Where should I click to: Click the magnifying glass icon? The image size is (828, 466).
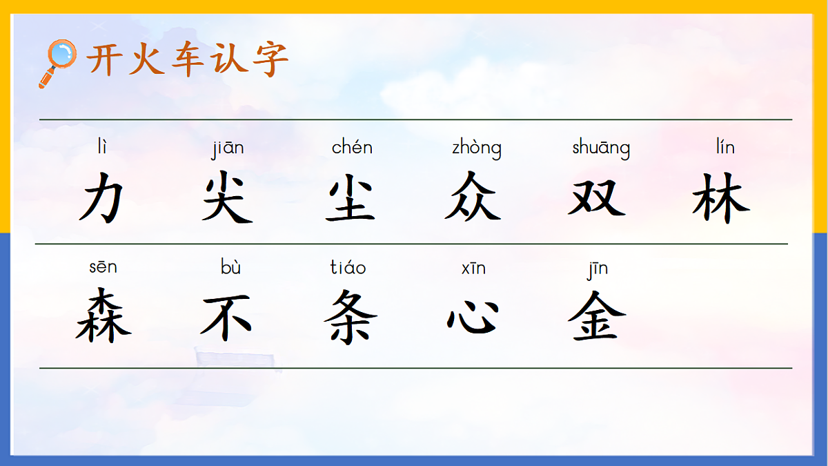[x=58, y=62]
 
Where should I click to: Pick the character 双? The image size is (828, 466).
[x=598, y=196]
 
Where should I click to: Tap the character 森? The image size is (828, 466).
[x=103, y=315]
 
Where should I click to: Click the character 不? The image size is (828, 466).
[x=226, y=316]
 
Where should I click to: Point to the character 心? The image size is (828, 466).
[x=473, y=318]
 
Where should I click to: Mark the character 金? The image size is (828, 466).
[x=597, y=316]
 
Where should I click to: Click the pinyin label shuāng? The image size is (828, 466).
[x=601, y=148]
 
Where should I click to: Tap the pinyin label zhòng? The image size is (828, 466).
[x=477, y=148]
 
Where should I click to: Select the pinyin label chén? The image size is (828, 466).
[x=352, y=147]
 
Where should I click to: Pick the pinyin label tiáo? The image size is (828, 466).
[x=348, y=267]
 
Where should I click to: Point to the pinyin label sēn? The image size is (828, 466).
[x=103, y=267]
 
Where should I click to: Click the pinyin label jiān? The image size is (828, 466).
[x=228, y=148]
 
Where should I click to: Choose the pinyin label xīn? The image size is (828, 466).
[x=473, y=268]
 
